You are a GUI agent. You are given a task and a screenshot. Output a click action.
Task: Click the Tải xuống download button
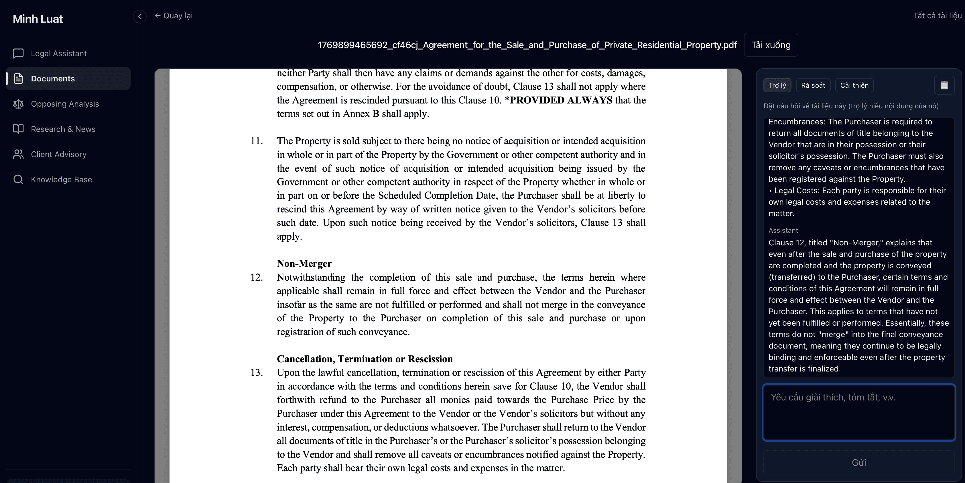click(x=771, y=45)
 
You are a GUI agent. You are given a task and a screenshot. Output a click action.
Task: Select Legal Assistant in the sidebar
click(x=58, y=54)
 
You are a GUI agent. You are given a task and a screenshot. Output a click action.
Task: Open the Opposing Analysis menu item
click(x=65, y=104)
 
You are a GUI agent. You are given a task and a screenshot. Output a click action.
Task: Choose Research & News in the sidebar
click(x=63, y=129)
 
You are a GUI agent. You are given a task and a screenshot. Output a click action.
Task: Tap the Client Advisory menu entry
click(x=58, y=154)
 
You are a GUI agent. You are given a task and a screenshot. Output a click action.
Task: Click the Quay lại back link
click(x=174, y=16)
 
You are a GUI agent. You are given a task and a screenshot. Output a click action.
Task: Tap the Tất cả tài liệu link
click(x=937, y=16)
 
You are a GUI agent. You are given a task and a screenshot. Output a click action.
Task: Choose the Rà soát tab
click(x=813, y=85)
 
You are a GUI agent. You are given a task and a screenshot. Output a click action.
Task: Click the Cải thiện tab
click(x=854, y=85)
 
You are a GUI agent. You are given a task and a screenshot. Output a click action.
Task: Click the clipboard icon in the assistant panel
click(x=944, y=85)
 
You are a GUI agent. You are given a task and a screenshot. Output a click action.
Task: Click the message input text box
click(x=858, y=412)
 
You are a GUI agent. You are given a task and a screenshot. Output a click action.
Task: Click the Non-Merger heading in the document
click(x=304, y=264)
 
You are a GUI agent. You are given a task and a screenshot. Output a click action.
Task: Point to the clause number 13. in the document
click(x=257, y=373)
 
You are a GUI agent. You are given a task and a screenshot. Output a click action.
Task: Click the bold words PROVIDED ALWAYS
click(x=561, y=100)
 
